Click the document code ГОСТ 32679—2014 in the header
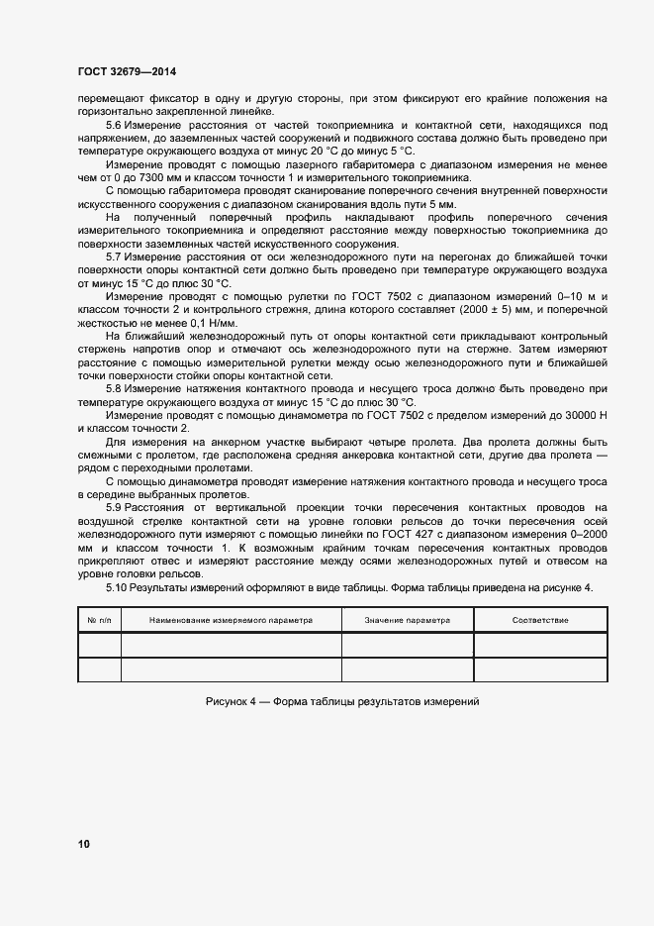127,72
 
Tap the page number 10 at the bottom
83,844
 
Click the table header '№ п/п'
99,620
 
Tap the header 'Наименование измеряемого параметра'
231,620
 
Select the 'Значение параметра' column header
407,620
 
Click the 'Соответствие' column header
540,620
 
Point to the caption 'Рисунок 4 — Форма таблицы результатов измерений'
342,701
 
